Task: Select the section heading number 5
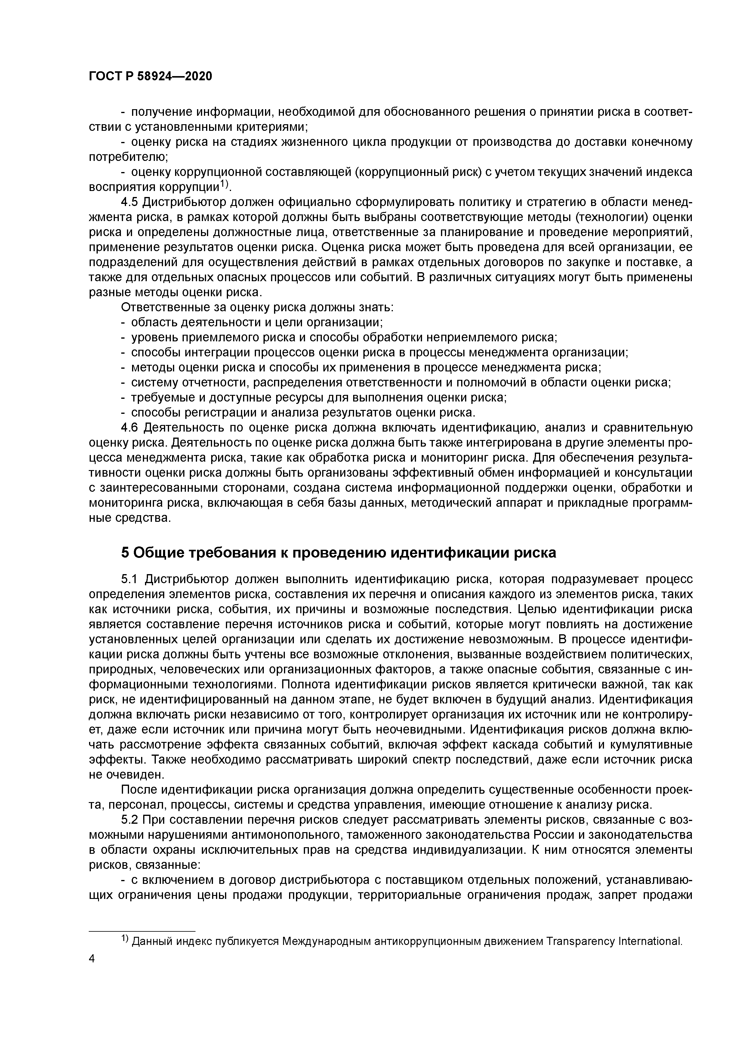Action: pos(125,553)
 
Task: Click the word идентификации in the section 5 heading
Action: pos(449,553)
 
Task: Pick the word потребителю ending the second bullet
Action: pos(127,157)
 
